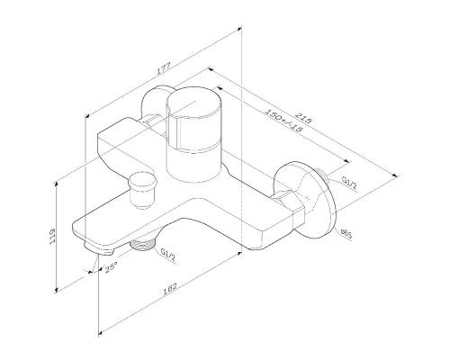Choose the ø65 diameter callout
click(346, 233)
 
